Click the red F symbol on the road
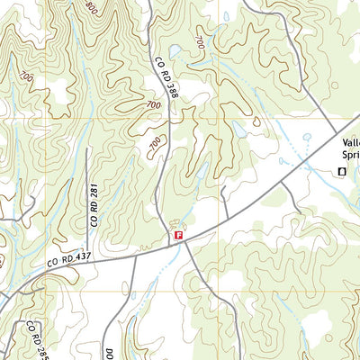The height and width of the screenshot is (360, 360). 178,236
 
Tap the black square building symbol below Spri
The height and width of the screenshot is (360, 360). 341,171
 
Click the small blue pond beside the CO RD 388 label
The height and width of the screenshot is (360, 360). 175,52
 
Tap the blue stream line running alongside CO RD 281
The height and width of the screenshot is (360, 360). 79,180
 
